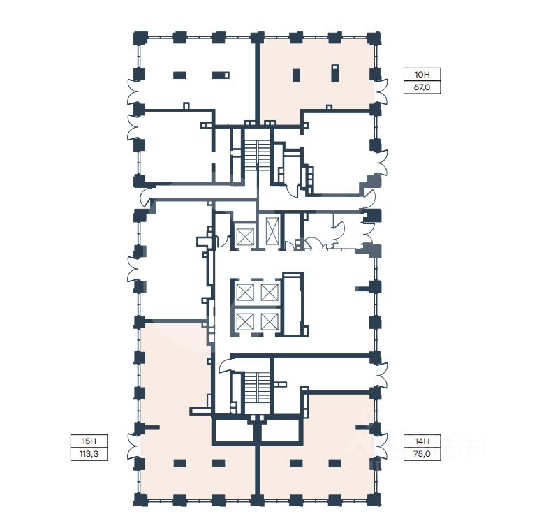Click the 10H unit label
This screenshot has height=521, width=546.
tap(422, 75)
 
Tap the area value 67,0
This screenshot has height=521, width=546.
tap(422, 87)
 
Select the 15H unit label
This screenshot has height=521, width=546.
tap(89, 441)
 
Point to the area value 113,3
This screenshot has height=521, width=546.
tap(89, 454)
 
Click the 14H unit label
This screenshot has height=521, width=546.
tap(422, 441)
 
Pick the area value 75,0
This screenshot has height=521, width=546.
tap(422, 454)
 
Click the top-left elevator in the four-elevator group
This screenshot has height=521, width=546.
tap(245, 292)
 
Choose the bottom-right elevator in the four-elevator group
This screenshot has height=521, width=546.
tap(270, 321)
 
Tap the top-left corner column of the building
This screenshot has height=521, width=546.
tap(140, 38)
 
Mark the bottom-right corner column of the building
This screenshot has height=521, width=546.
tap(374, 500)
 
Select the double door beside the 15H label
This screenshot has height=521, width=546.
tap(133, 446)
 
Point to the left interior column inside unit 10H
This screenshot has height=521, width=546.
tap(296, 75)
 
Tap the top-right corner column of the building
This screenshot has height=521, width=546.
tap(374, 38)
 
